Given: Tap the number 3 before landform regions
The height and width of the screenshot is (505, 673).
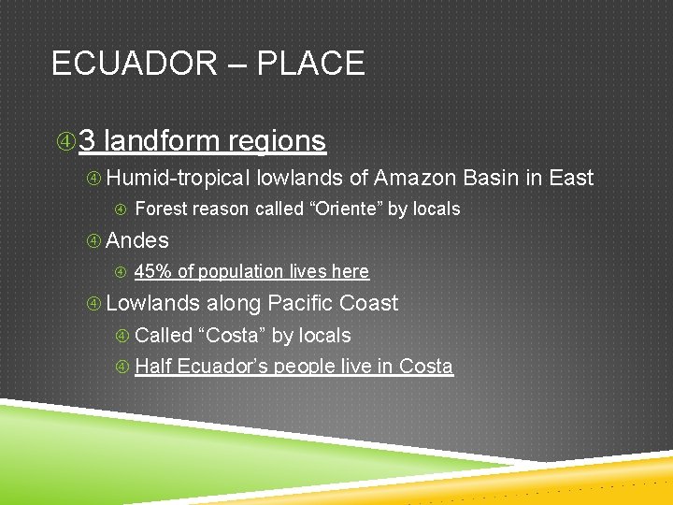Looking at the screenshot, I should [88, 141].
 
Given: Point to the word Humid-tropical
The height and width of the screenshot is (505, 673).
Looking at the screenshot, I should [179, 178].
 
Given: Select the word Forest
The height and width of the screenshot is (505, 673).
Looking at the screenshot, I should [161, 209].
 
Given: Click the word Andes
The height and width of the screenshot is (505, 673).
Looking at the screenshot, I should [137, 240].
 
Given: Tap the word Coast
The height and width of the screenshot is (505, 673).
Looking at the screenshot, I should [371, 304].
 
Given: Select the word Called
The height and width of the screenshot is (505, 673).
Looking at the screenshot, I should [164, 336].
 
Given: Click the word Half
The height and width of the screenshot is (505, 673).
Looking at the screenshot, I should [153, 367].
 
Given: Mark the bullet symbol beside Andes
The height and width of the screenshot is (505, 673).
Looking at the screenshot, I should [93, 241].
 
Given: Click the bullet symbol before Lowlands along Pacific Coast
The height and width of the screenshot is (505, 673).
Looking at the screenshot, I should [93, 304].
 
